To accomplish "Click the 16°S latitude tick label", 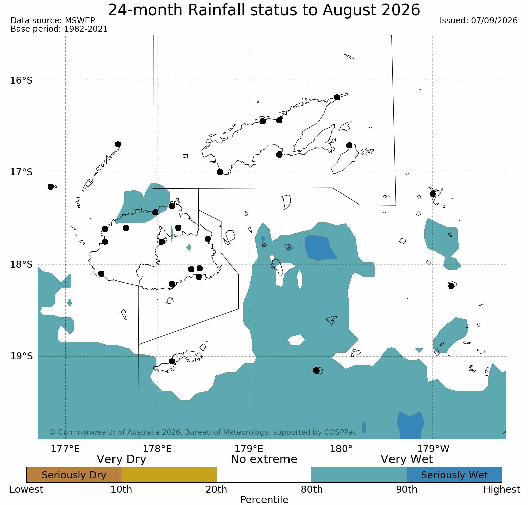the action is (x=21, y=81).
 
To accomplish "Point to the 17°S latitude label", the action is (x=21, y=173).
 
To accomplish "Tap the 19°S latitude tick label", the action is (x=21, y=356).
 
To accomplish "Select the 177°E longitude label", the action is (x=65, y=449).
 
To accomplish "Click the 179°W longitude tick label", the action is (x=433, y=449).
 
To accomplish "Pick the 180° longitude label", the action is (x=341, y=449).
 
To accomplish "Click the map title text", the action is (x=264, y=10).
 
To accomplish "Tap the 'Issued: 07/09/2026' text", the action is (x=478, y=21).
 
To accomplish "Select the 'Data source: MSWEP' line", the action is (x=53, y=21).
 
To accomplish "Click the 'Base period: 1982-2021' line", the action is (x=59, y=29).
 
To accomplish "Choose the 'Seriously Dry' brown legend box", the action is (x=74, y=475).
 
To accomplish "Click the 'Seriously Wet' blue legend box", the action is (x=454, y=475).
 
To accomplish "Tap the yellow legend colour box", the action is (x=169, y=475).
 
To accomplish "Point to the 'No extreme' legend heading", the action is (x=264, y=459).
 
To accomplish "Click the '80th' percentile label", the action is (x=312, y=489).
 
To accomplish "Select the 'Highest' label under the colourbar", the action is (x=502, y=489).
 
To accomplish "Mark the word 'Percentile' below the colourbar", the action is (x=264, y=500).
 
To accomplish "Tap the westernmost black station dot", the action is (x=51, y=187).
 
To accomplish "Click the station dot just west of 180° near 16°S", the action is (x=337, y=97).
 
